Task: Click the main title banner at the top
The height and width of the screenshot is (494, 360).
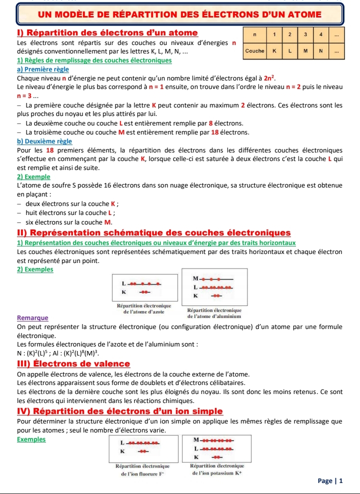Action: [179, 14]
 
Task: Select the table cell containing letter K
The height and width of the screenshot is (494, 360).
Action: [274, 51]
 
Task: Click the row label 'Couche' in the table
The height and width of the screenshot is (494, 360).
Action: [254, 51]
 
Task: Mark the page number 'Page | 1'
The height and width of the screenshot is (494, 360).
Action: [330, 480]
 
